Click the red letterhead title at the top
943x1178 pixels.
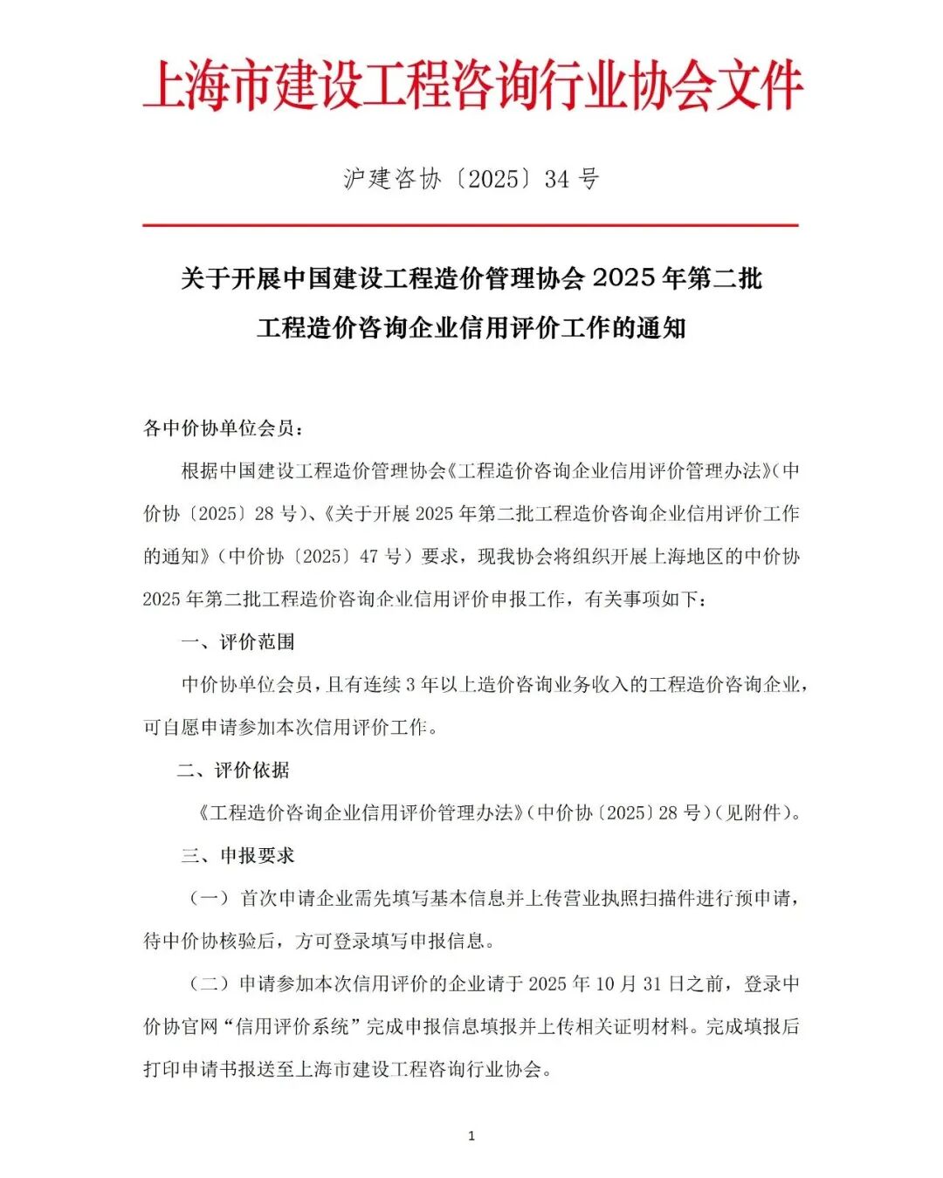(471, 86)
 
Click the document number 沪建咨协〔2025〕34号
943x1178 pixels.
(471, 179)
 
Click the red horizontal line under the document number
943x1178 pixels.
(471, 225)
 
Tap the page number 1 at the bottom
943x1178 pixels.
(471, 1135)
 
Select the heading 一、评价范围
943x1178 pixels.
(237, 642)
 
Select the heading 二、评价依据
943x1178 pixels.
(233, 770)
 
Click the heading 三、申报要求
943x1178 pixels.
(237, 856)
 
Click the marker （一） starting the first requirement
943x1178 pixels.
(210, 899)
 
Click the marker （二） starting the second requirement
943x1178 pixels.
(210, 984)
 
